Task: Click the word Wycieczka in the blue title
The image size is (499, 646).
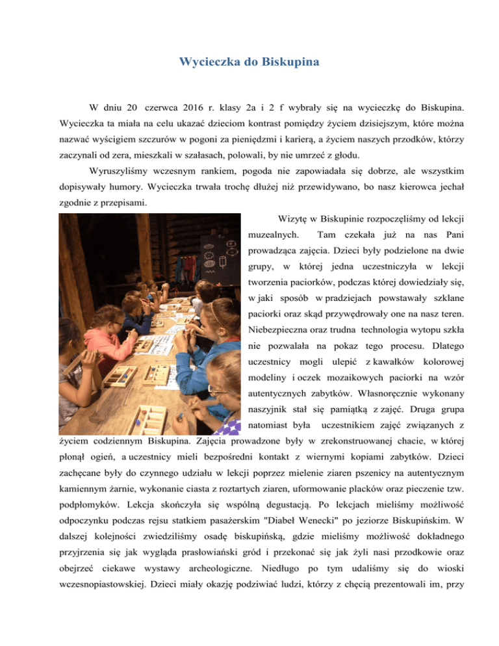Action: point(209,63)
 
